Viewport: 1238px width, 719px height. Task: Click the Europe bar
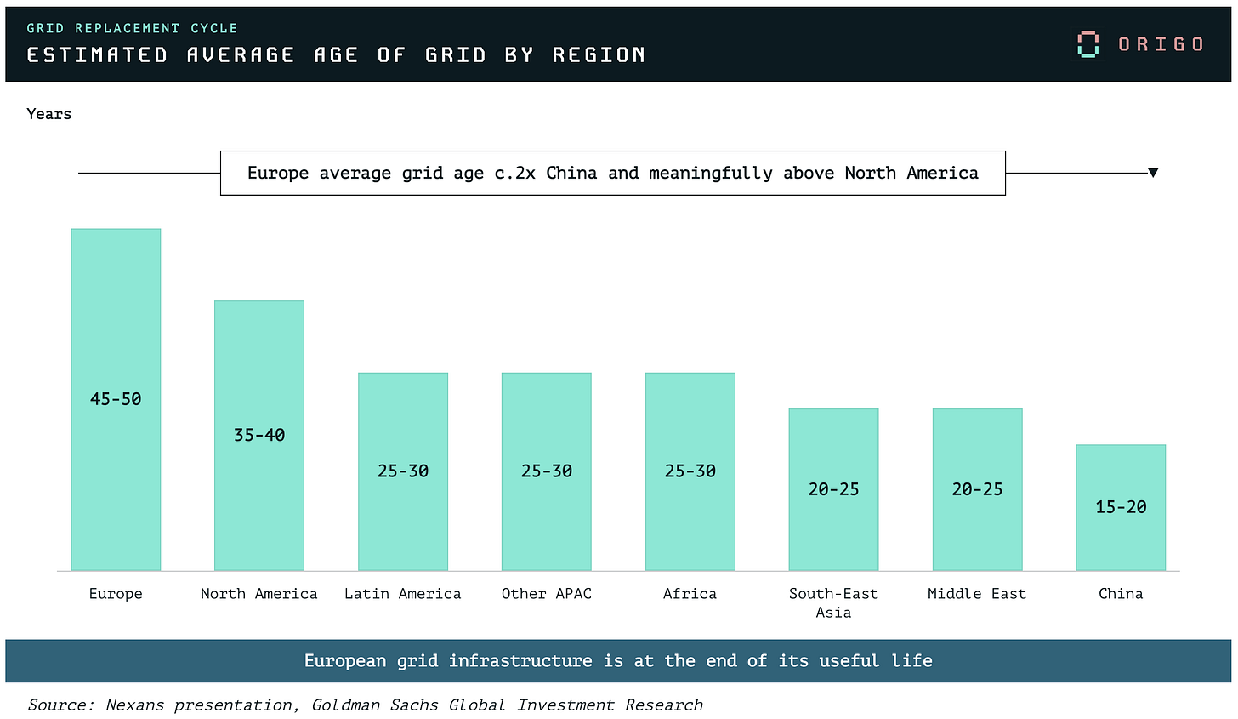point(116,399)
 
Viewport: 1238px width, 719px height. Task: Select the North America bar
point(259,436)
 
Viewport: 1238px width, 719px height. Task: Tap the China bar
point(1121,507)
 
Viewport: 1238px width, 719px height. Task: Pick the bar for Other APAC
point(547,471)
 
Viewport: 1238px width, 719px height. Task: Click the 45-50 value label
point(116,399)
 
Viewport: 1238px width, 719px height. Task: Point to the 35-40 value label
point(259,435)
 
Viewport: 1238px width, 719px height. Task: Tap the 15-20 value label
point(1121,506)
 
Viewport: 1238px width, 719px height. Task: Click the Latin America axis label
point(402,593)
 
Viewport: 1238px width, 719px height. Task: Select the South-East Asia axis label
point(833,602)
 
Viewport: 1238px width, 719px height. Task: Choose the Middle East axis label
point(977,593)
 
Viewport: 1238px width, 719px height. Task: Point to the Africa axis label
point(690,593)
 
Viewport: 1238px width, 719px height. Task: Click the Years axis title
point(49,114)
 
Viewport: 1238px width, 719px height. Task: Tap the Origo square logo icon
point(1088,44)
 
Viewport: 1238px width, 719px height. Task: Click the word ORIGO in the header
point(1161,44)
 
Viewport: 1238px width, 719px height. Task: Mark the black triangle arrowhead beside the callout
point(1153,173)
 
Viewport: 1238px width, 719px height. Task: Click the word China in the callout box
point(571,173)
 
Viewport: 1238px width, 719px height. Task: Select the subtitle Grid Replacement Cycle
point(132,28)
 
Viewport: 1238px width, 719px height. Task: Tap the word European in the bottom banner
point(345,661)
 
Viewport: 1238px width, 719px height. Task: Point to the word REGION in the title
point(599,54)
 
